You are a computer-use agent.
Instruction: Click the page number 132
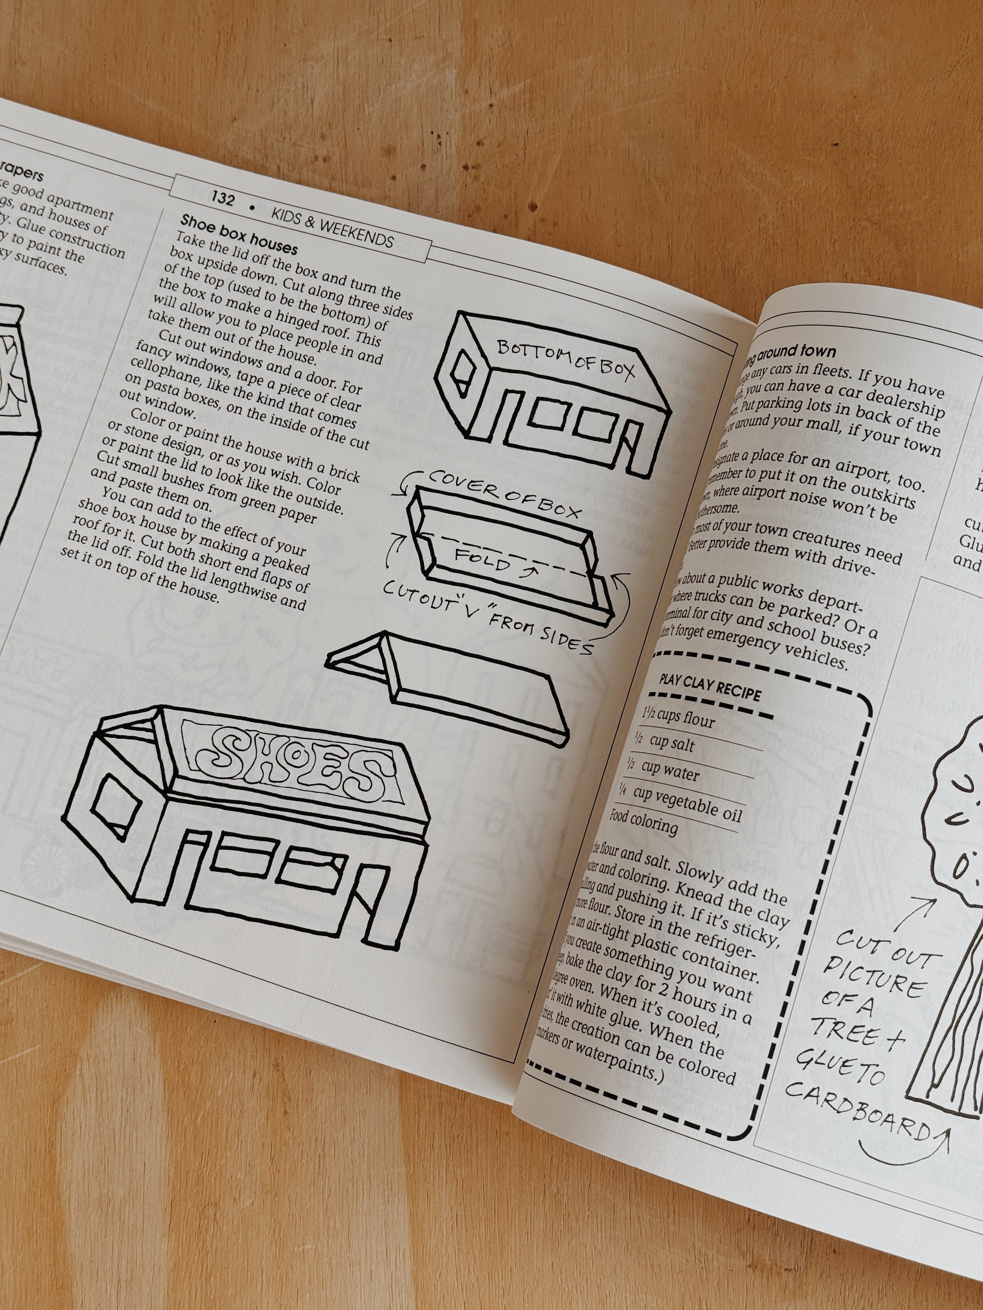click(x=223, y=199)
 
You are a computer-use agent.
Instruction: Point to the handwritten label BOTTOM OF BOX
click(x=565, y=358)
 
